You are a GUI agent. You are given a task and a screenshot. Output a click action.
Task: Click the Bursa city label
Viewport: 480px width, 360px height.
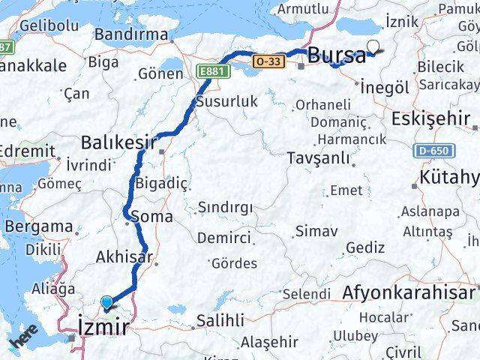pyautogui.click(x=337, y=55)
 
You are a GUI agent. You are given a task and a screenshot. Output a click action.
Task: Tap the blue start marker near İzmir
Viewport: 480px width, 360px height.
pyautogui.click(x=109, y=303)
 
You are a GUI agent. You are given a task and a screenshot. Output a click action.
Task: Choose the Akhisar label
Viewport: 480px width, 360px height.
pyautogui.click(x=124, y=257)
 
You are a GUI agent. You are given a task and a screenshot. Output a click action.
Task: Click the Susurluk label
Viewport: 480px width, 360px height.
pyautogui.click(x=226, y=100)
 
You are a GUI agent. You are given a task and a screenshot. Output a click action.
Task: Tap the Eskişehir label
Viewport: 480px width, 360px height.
pyautogui.click(x=430, y=118)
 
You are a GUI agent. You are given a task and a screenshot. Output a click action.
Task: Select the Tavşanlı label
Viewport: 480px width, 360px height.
pyautogui.click(x=319, y=158)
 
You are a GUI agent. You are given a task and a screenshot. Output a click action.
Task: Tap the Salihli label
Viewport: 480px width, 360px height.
pyautogui.click(x=220, y=320)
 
